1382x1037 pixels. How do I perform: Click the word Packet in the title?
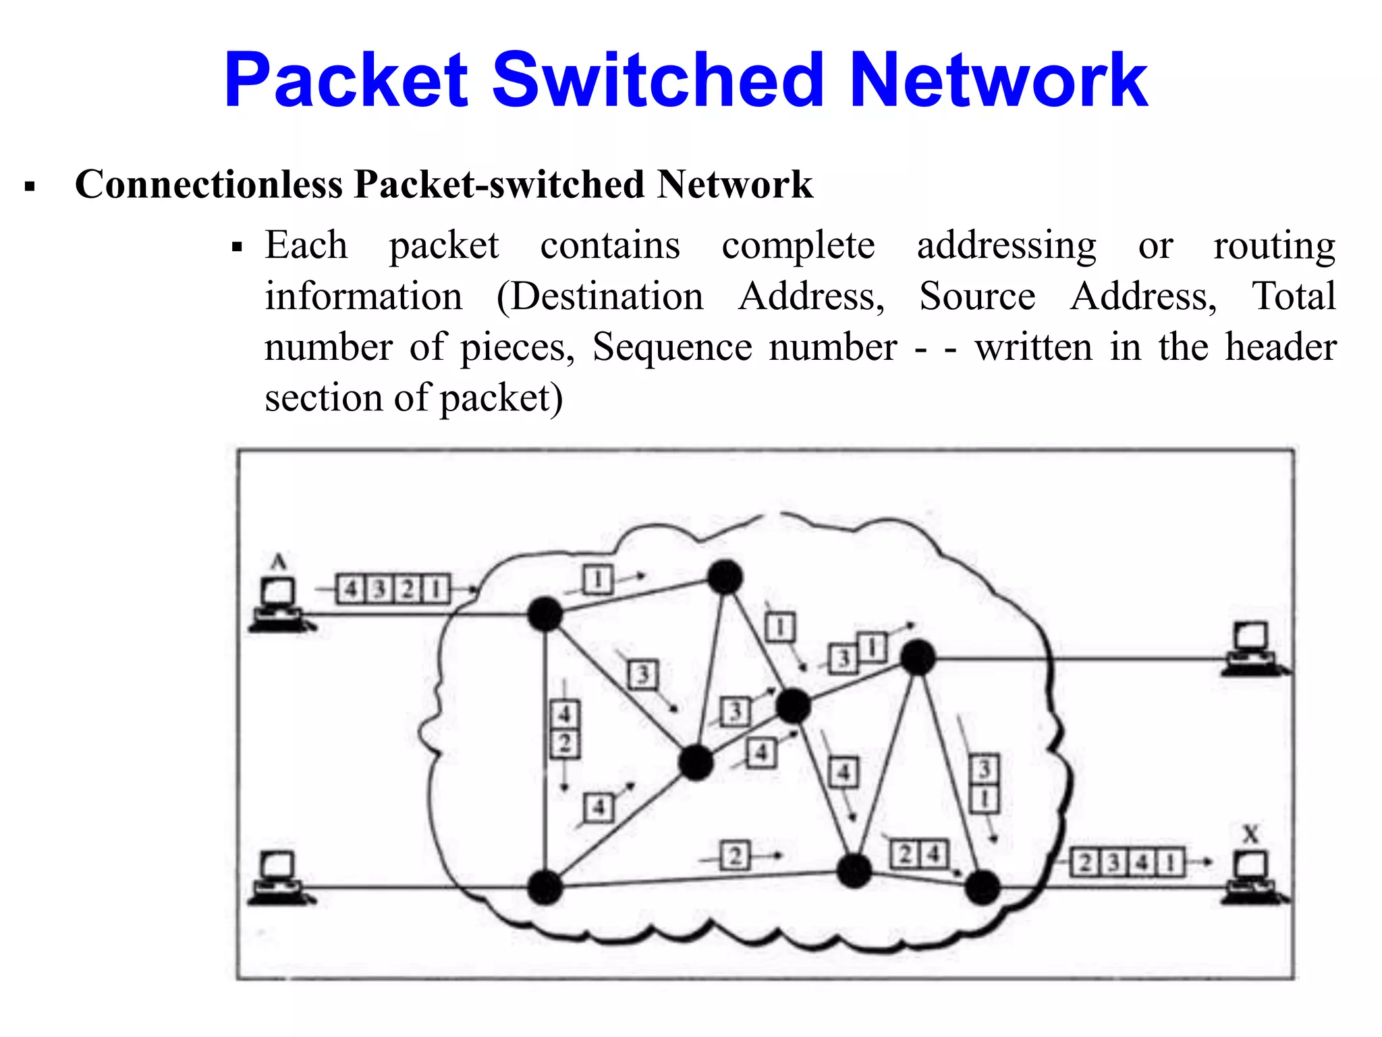point(346,81)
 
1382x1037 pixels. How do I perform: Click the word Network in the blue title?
point(998,81)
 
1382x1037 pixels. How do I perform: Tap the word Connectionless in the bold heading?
point(209,184)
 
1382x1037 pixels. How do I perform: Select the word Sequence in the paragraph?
point(671,348)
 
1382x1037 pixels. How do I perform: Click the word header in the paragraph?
point(1280,348)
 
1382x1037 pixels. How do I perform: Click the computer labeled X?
point(1252,877)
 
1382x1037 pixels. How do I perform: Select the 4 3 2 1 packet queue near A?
point(393,589)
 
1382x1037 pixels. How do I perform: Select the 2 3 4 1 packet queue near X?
point(1127,862)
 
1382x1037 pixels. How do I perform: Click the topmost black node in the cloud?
point(725,577)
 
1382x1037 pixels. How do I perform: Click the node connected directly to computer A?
point(545,614)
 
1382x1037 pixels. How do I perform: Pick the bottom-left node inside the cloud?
point(545,887)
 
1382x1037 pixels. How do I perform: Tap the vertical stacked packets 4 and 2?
point(565,729)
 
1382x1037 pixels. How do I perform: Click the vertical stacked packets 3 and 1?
point(984,784)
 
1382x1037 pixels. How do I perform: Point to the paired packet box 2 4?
point(919,855)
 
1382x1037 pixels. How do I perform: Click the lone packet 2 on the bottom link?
point(735,856)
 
